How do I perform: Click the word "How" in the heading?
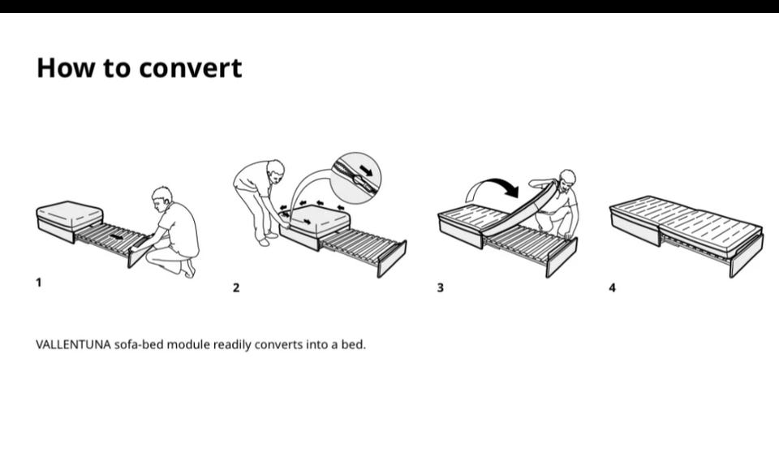(66, 67)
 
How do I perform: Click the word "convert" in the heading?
(190, 69)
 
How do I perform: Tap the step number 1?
(39, 283)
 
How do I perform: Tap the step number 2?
(236, 287)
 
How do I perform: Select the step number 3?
(440, 287)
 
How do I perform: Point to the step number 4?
(612, 287)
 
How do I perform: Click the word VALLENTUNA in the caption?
(74, 344)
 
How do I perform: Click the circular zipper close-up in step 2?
(355, 178)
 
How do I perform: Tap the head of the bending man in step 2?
(275, 170)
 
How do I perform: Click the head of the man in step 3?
(567, 180)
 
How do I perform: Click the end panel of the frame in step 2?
(392, 258)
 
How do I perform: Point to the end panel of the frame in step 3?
(562, 257)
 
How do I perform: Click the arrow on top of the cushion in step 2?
(309, 222)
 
